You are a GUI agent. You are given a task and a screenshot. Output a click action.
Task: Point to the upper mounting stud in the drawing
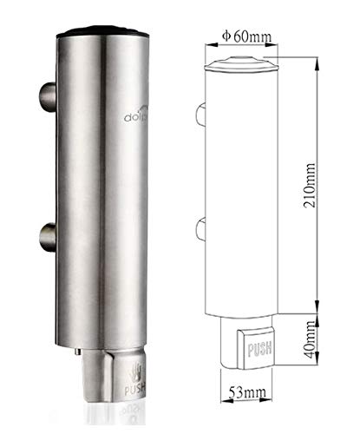(x=200, y=113)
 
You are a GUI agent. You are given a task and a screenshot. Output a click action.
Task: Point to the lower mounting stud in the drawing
(x=200, y=227)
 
